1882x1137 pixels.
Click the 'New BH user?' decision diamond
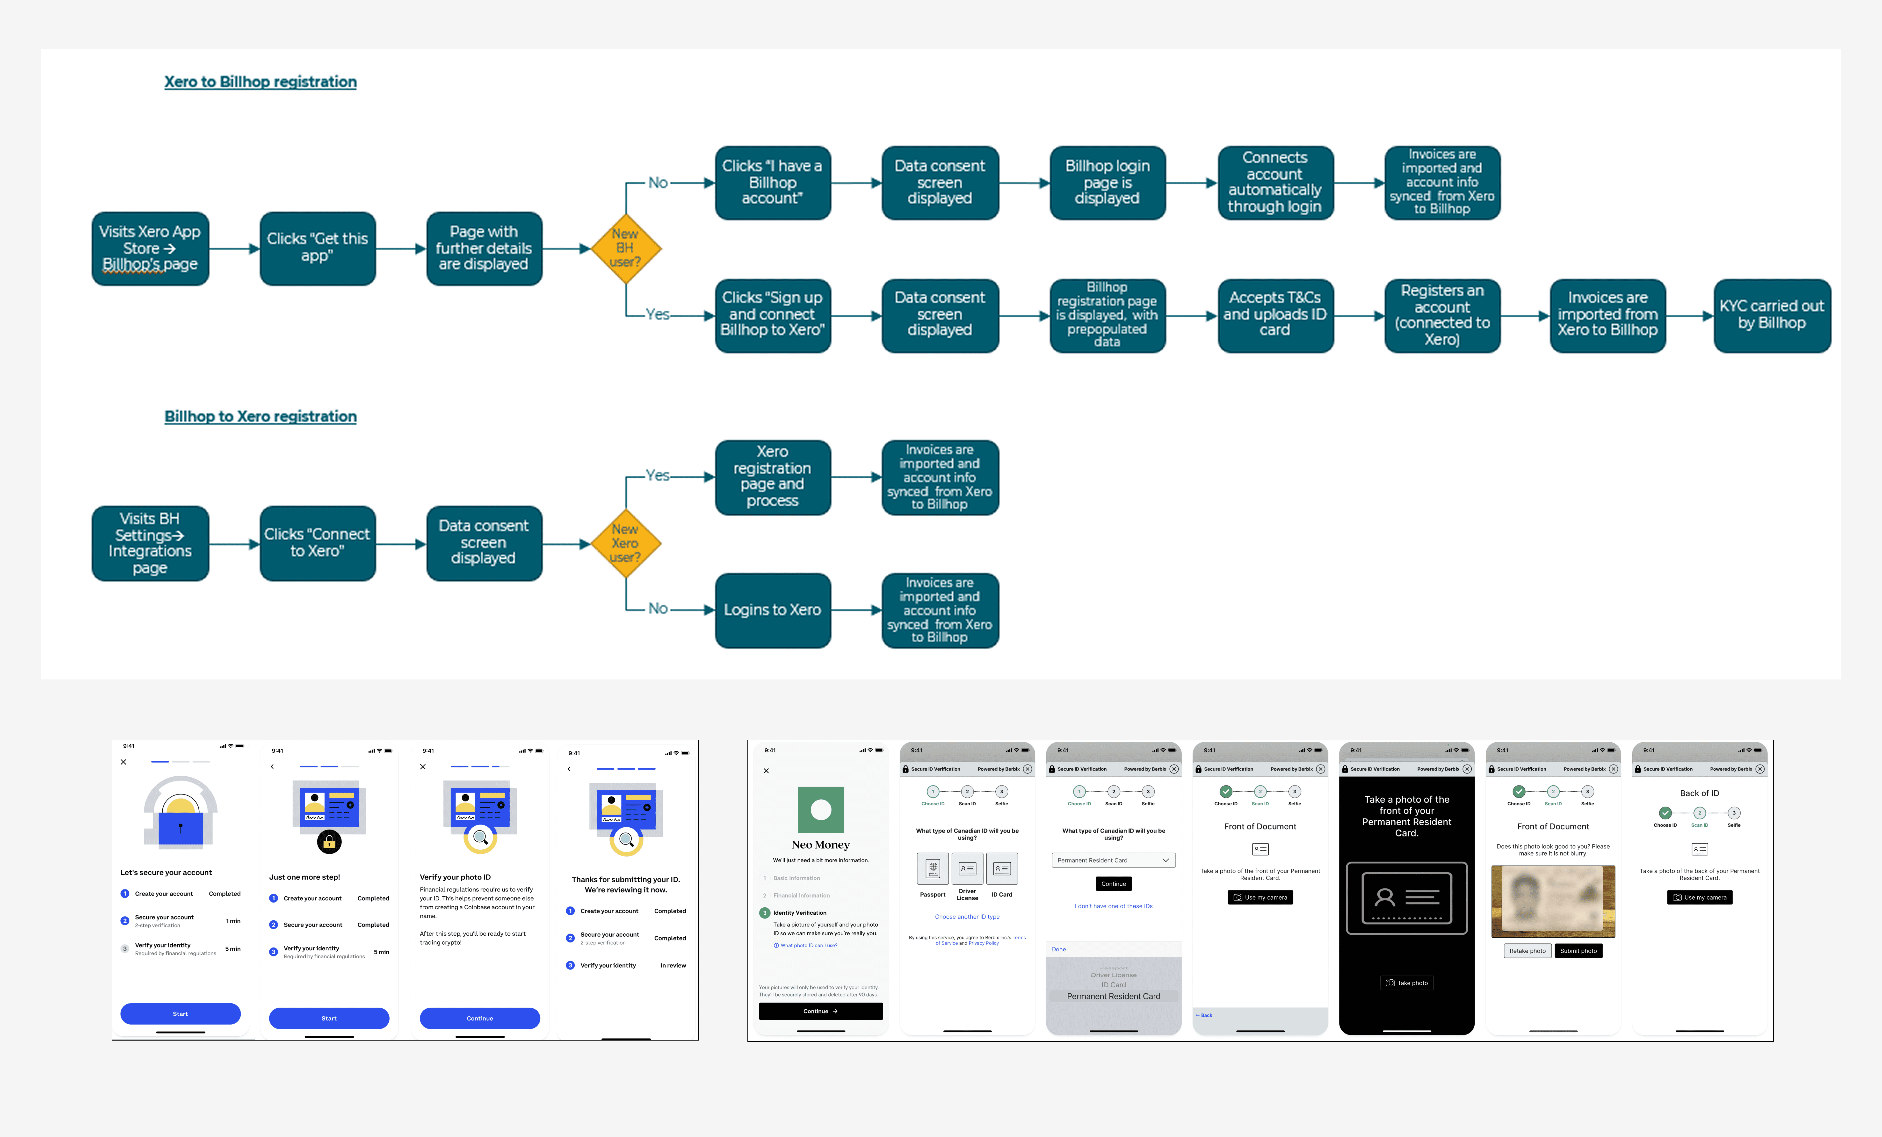coord(625,248)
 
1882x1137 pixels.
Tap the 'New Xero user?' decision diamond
coord(625,543)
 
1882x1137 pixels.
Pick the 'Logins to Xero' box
coord(772,610)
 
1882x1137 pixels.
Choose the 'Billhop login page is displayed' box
coord(1107,183)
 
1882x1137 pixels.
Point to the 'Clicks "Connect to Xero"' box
coord(317,543)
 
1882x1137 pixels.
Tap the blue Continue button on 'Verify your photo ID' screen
coord(480,1018)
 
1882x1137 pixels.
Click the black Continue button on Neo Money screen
coord(820,1011)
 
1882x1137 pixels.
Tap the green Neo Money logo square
coord(820,809)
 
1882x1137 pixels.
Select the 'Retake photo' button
coord(1527,951)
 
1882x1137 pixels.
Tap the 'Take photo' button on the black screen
coord(1406,983)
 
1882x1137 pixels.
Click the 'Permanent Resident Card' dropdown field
coord(1113,860)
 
